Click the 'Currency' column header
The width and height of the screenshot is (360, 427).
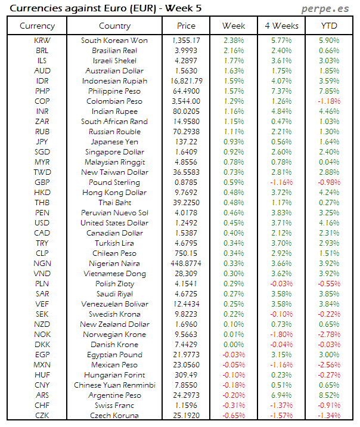click(x=37, y=26)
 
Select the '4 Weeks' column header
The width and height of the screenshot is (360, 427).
click(x=281, y=26)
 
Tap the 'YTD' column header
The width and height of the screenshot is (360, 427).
click(x=328, y=26)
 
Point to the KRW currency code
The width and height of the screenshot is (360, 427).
click(x=42, y=41)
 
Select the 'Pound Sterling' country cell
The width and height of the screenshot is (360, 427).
click(x=114, y=182)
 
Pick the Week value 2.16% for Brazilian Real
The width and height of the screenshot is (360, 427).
click(x=233, y=51)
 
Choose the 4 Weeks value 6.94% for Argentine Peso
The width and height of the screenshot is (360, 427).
click(x=281, y=395)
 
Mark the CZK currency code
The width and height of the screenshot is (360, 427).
click(x=42, y=416)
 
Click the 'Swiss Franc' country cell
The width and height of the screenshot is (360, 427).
click(x=114, y=406)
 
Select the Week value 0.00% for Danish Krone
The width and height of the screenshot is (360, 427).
click(x=233, y=345)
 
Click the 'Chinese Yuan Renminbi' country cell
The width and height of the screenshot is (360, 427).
click(x=114, y=385)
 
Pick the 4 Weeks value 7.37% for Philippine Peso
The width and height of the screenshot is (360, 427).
click(x=281, y=91)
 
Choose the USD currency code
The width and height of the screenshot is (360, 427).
click(x=42, y=223)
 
